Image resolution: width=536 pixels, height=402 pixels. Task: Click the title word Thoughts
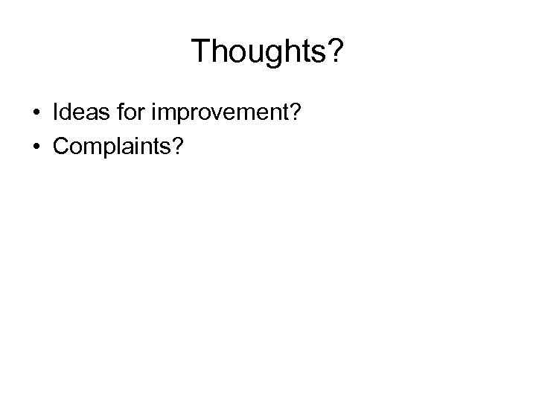tap(261, 53)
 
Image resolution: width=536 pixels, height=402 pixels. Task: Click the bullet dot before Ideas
tap(36, 113)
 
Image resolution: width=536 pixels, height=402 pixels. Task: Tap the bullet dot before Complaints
tap(36, 145)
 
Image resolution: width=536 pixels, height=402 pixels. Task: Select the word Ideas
tap(77, 112)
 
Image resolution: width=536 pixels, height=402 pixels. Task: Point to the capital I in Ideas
tap(56, 112)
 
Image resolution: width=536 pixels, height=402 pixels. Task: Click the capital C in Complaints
tap(60, 144)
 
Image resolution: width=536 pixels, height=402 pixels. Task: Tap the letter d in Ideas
tap(66, 112)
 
